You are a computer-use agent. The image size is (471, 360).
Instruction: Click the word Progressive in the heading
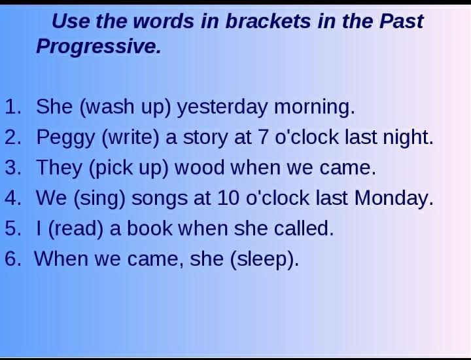click(99, 46)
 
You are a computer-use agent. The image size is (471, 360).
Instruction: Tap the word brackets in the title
click(268, 22)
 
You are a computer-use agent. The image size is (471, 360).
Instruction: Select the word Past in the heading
click(401, 22)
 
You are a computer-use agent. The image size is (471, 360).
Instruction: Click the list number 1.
click(13, 107)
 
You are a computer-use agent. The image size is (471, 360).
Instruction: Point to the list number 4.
click(13, 198)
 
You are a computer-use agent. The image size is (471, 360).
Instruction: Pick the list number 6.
click(13, 259)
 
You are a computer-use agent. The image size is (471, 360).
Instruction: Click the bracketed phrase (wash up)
click(125, 107)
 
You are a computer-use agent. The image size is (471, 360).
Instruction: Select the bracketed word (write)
click(130, 137)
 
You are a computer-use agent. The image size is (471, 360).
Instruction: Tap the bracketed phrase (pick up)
click(129, 168)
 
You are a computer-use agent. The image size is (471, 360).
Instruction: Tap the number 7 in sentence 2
click(263, 137)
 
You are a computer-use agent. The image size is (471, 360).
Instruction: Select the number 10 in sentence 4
click(228, 198)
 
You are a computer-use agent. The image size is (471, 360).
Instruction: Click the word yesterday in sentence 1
click(222, 107)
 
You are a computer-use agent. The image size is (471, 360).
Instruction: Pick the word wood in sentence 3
click(200, 168)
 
